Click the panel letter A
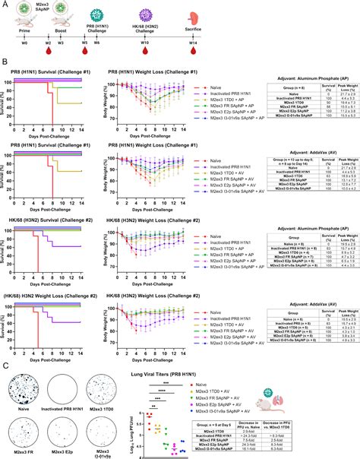(x=5, y=5)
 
